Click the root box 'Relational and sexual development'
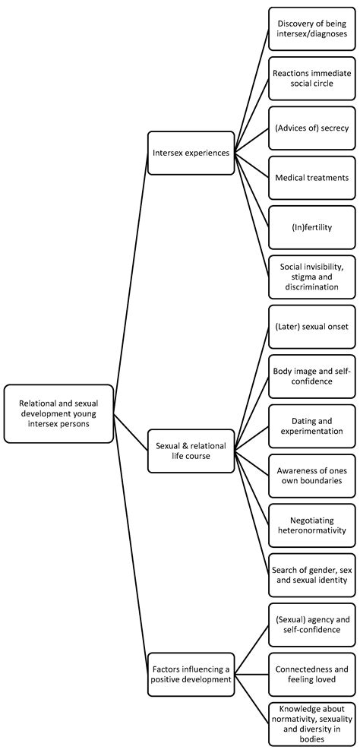point(58,413)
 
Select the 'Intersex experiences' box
point(191,153)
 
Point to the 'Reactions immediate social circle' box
point(311,78)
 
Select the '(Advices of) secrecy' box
point(311,128)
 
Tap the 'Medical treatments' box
point(311,177)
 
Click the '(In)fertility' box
point(311,226)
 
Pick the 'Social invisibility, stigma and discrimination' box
point(311,277)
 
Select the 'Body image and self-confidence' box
point(311,376)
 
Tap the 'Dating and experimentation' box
point(311,426)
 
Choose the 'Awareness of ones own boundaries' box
point(311,476)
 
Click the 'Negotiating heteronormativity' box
point(311,525)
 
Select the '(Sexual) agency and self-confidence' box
point(311,625)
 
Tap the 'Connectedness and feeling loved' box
point(311,675)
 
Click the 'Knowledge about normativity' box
point(311,724)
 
